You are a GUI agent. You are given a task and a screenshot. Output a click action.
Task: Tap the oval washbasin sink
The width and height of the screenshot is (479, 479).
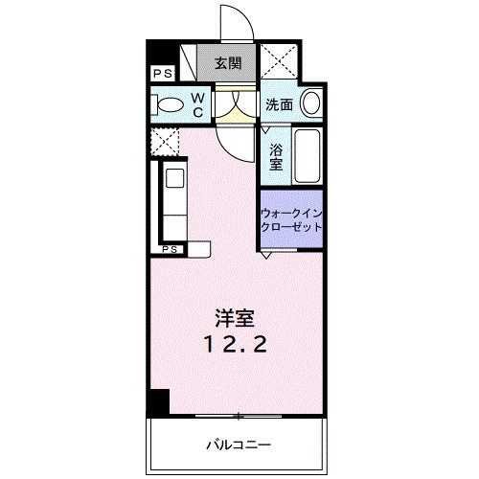[x=311, y=103]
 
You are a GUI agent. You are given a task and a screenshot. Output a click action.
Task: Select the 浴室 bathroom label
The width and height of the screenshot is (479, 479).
[x=276, y=155]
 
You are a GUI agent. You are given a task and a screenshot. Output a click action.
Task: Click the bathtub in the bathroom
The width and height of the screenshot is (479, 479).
[x=308, y=156]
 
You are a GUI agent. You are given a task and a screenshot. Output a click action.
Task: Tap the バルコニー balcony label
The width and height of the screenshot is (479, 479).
[x=237, y=445]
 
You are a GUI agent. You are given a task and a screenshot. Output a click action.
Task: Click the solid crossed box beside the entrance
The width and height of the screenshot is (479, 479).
[x=283, y=64]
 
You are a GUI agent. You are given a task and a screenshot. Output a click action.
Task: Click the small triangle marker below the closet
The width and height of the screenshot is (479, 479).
[x=269, y=254]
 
